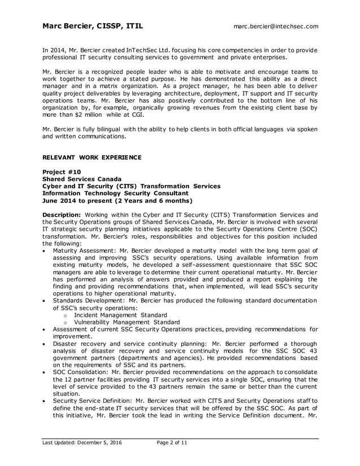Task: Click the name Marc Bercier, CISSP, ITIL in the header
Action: (x=93, y=26)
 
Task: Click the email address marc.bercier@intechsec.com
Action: (x=276, y=26)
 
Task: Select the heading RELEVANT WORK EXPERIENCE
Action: (x=92, y=156)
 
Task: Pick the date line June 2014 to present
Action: (x=117, y=200)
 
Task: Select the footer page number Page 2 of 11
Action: (x=172, y=443)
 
